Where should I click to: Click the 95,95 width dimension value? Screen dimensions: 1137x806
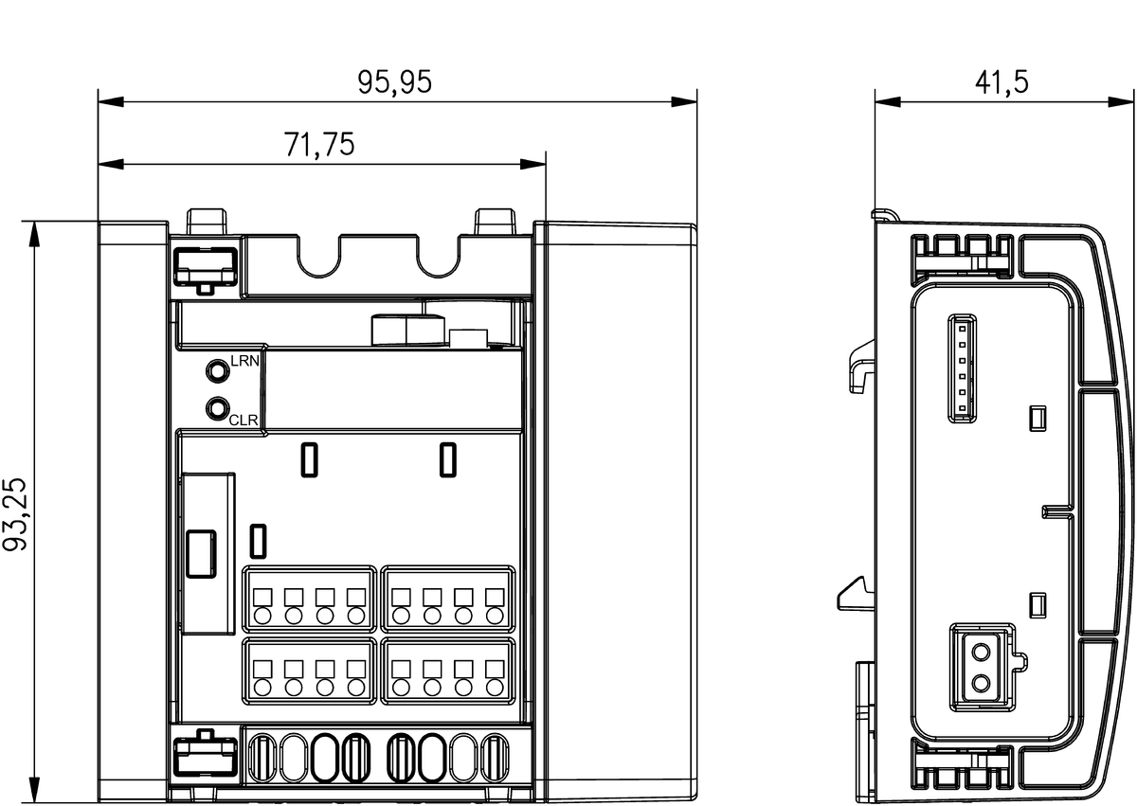394,82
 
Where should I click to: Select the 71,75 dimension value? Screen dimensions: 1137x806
318,145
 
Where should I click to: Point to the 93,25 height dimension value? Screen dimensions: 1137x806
14,514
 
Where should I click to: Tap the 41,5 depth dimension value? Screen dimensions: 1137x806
1002,82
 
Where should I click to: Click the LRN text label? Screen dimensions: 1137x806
244,361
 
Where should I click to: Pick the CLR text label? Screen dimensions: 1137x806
244,420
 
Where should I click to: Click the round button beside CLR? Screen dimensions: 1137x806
217,408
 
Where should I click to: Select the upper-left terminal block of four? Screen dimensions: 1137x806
310,599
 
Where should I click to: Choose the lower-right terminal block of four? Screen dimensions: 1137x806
448,672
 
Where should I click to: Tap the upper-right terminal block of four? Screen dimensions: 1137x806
448,599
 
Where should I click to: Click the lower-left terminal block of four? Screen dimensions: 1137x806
310,672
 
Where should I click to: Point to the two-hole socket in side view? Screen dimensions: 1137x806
982,667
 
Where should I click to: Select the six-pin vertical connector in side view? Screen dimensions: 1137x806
962,368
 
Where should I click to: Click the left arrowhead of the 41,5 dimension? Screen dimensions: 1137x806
887,102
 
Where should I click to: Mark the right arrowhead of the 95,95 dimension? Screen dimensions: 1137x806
684,102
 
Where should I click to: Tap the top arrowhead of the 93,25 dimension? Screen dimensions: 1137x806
34,234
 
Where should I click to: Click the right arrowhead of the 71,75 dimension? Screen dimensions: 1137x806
532,165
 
